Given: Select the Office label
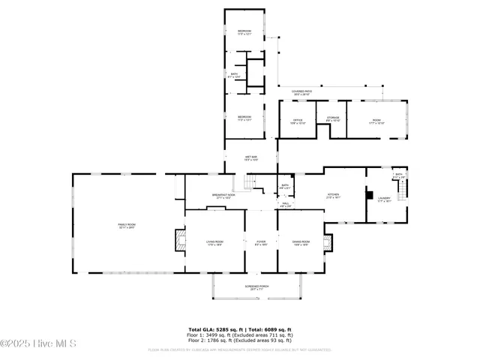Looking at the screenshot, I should tap(298, 121).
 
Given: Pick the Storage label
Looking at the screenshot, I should tap(332, 118).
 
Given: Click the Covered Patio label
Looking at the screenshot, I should tap(302, 92).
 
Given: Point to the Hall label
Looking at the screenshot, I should tap(285, 203).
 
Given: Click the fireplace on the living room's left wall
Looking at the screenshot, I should tap(178, 240).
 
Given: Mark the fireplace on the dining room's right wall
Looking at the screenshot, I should tap(327, 241).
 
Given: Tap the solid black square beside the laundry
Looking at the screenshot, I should tap(369, 196).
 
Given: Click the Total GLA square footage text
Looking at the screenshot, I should tap(240, 328).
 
